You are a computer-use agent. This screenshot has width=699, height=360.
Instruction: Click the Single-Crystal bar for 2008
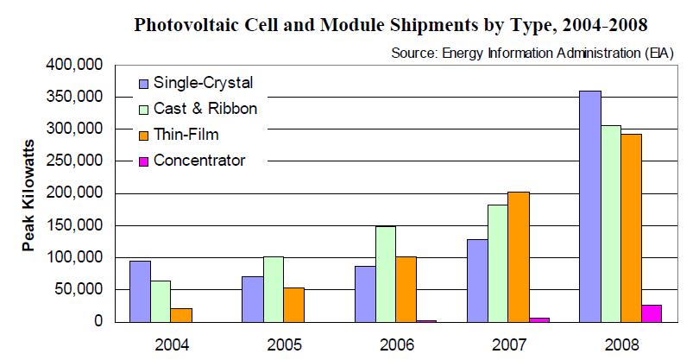pos(591,206)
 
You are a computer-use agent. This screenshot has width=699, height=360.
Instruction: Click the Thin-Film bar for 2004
pos(182,314)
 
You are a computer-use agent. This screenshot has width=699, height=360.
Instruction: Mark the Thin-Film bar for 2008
pos(633,228)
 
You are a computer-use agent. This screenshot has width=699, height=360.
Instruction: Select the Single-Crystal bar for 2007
pos(478,280)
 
